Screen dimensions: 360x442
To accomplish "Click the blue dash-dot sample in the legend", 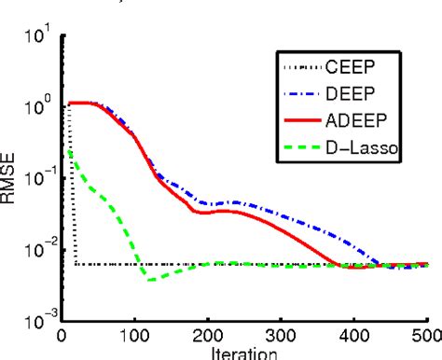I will pos(299,94).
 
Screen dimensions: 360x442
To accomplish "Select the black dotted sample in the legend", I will pos(299,66).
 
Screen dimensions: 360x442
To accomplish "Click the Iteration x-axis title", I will pos(245,353).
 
